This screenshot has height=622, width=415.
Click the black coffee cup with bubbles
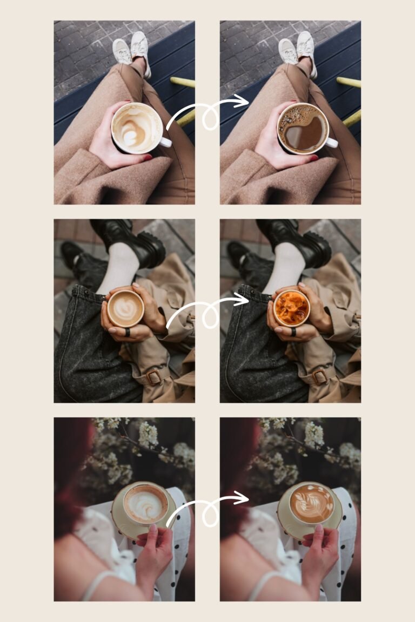point(303,129)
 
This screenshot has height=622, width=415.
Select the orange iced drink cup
point(291,308)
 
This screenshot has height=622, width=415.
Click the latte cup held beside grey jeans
point(125,308)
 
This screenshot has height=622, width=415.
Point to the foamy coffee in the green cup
point(144,504)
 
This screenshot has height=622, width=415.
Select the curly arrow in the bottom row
point(207,510)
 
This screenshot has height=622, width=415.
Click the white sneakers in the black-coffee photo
point(297,50)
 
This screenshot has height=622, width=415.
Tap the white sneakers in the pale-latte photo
point(131,50)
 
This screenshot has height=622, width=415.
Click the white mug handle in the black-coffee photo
point(331,143)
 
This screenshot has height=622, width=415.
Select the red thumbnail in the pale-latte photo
point(148,158)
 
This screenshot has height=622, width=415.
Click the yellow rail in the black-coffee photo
point(349,82)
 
